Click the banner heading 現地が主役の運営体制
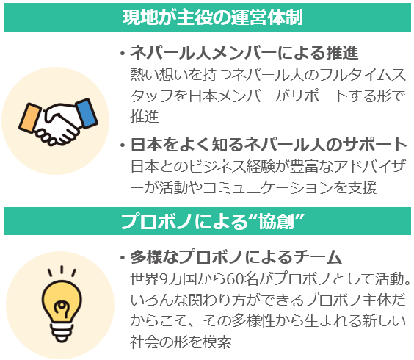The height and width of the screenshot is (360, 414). tap(212, 18)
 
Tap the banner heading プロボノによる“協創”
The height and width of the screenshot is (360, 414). tap(213, 221)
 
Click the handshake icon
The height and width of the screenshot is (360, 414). tap(58, 121)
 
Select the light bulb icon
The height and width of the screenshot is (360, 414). tap(62, 304)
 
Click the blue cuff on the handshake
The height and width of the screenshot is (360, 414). tap(87, 113)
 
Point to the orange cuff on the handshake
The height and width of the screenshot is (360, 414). tap(30, 118)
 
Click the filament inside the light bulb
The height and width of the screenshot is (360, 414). tap(62, 309)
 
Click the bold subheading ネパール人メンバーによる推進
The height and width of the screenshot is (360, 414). tap(244, 53)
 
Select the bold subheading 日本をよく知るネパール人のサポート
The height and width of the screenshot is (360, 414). tap(268, 145)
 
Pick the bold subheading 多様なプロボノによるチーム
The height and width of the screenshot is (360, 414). tap(236, 257)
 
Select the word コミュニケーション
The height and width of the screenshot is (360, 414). tap(274, 187)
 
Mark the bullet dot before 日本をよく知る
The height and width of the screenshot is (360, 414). tap(123, 145)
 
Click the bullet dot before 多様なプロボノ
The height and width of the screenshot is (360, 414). tap(123, 257)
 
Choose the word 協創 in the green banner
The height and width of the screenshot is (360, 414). tap(276, 221)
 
